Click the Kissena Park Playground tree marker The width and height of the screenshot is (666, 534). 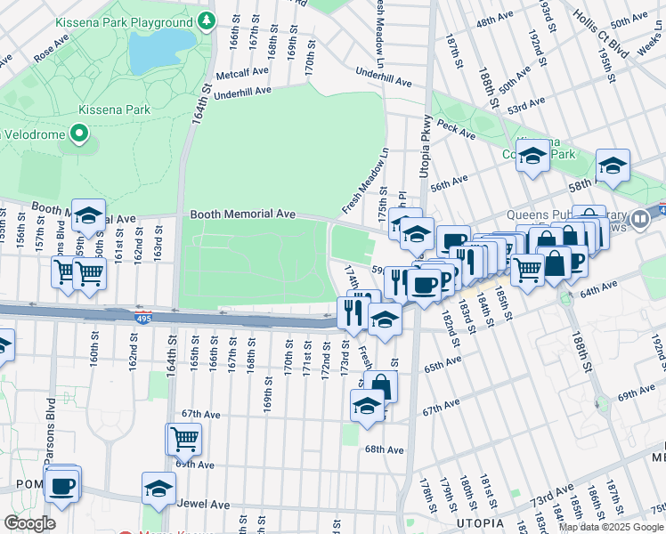tap(207, 20)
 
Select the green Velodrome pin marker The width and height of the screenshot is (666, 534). tap(78, 134)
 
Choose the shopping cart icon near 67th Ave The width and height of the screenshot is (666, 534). tap(183, 437)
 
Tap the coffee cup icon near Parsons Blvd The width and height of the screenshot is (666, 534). tap(61, 486)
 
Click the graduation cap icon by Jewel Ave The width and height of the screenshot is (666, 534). tap(158, 489)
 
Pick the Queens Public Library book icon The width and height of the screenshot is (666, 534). tap(639, 219)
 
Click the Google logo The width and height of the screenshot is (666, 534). tap(29, 523)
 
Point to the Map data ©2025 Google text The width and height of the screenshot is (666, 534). tap(611, 527)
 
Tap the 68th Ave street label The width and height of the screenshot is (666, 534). tap(385, 449)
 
